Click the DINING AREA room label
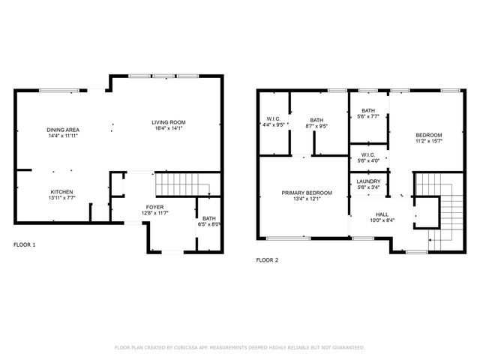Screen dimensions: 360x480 [x=63, y=130]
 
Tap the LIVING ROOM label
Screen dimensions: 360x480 [x=168, y=122]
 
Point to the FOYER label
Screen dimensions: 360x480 [x=154, y=207]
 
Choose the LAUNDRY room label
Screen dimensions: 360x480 [x=368, y=181]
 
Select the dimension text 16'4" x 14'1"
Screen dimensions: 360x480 [x=168, y=129]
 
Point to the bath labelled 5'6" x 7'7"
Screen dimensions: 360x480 [x=368, y=112]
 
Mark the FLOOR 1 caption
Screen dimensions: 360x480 [x=25, y=245]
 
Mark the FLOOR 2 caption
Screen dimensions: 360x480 [x=268, y=260]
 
